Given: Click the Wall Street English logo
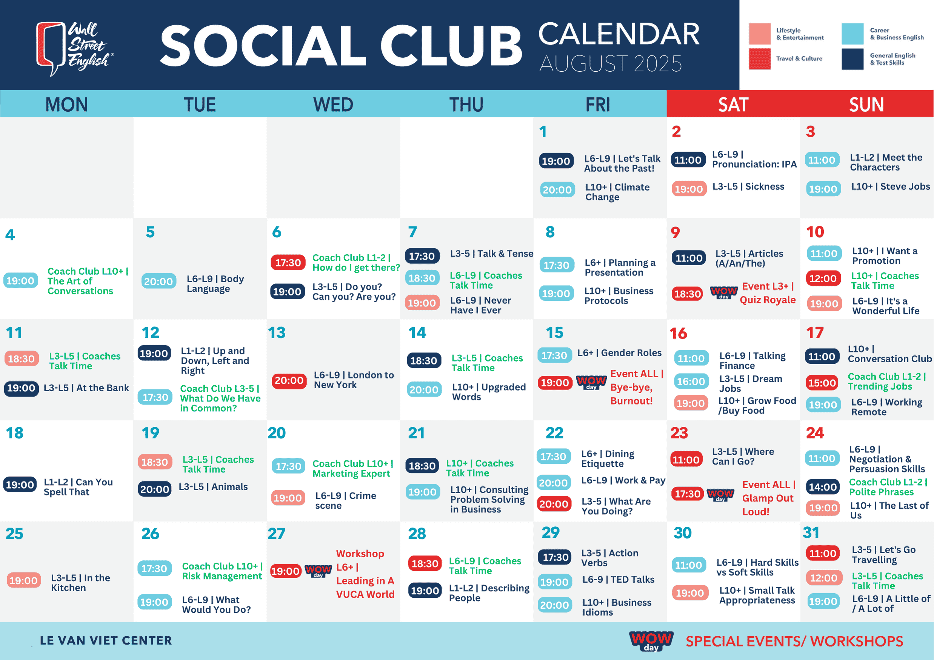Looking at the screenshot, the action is click(75, 48).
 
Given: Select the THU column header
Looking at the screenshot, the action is click(466, 105).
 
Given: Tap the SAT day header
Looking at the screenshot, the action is click(733, 105).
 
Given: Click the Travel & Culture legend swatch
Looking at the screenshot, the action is click(760, 59).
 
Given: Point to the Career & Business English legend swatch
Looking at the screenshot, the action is click(852, 34).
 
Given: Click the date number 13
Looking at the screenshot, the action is click(277, 333).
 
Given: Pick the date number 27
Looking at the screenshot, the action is click(277, 534).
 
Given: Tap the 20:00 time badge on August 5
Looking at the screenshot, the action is click(158, 282).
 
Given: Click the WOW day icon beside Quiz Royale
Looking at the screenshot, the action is click(724, 292).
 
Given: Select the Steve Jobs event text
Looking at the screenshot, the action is click(891, 187).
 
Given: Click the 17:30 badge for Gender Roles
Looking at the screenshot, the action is click(554, 355).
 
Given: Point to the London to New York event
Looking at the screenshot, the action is click(354, 380).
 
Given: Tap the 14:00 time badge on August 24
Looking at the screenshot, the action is click(823, 487).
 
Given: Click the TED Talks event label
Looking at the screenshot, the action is click(619, 580).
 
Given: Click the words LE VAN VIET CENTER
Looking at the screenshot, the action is click(106, 640).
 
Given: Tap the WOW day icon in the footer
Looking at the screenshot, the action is click(651, 640).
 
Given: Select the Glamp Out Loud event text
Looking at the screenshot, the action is click(768, 498).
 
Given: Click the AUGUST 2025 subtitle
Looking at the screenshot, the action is click(611, 64).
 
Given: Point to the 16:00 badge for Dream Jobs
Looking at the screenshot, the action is click(691, 382).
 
